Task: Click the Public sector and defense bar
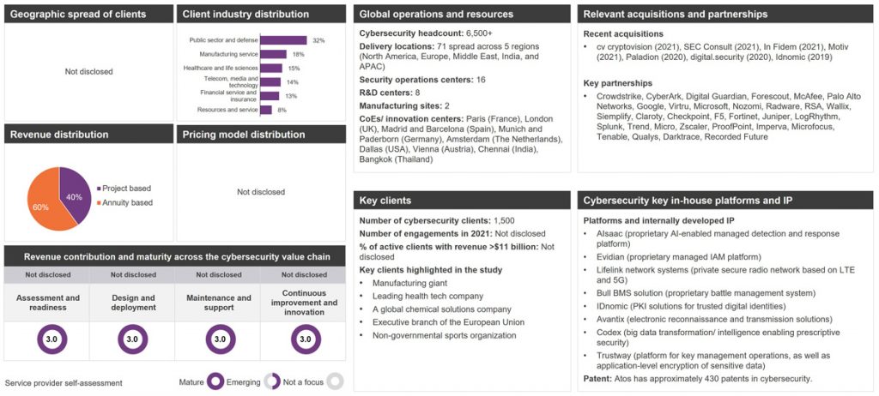282,40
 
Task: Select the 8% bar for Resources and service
265,110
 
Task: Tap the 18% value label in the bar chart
298,54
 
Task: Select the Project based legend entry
127,189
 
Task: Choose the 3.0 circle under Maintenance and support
220,339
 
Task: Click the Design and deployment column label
132,302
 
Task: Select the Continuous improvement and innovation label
306,302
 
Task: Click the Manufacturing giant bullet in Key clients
411,282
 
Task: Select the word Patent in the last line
598,378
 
